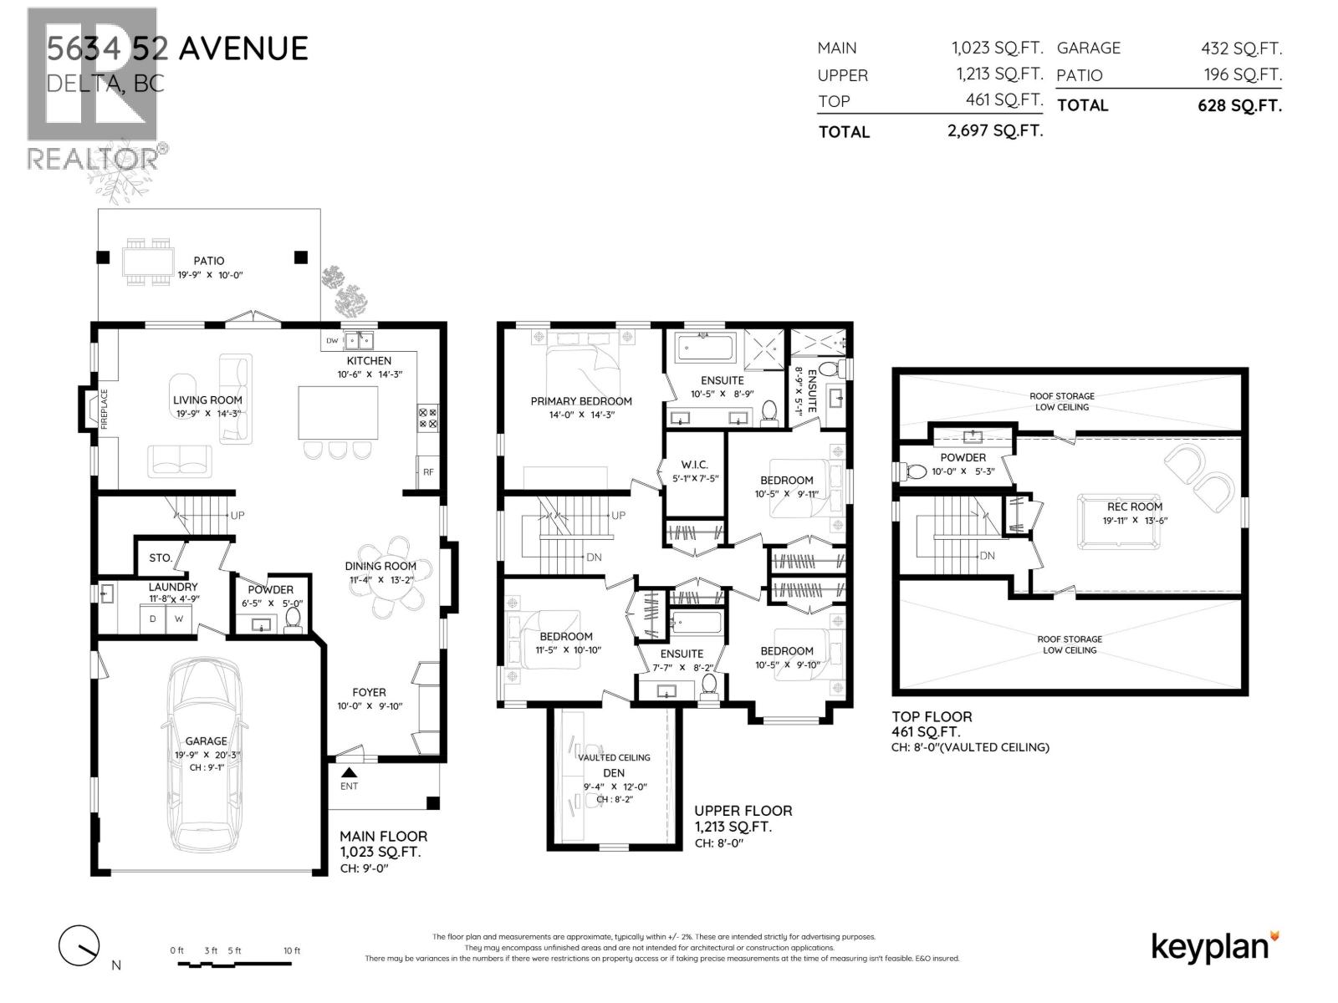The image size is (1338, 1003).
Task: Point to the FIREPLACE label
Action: tap(105, 409)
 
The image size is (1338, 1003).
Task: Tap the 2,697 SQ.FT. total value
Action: tap(995, 130)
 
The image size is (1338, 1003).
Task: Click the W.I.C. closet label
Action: tap(695, 465)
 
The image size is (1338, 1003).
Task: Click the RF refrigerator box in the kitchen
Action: tap(428, 472)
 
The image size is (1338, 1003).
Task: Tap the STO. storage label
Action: tap(161, 558)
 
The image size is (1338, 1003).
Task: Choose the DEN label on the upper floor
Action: tap(614, 773)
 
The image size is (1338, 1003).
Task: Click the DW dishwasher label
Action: tap(332, 340)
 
